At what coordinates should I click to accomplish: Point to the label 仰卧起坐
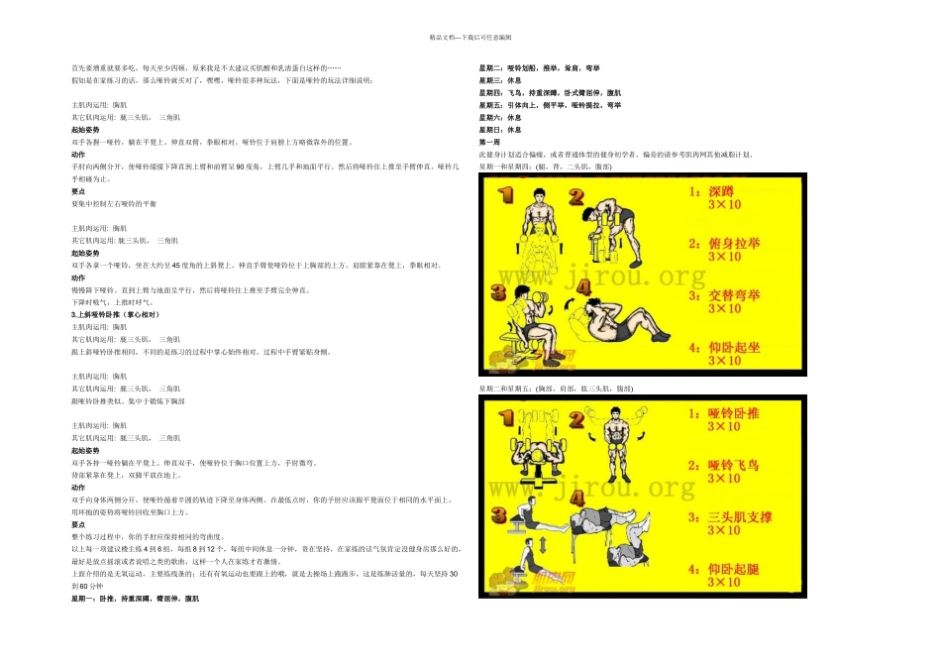tap(734, 347)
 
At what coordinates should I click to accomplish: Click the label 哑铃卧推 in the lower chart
tap(734, 412)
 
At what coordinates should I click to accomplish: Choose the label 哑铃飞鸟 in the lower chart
tap(734, 465)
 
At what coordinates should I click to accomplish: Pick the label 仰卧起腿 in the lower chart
tap(734, 571)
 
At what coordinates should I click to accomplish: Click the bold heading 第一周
tap(489, 143)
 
